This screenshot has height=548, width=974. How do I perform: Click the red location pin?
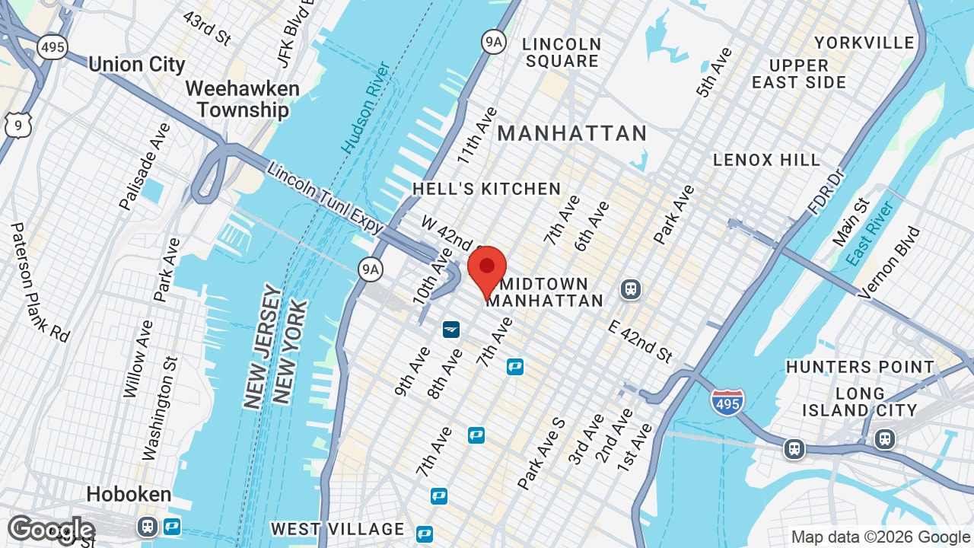click(487, 271)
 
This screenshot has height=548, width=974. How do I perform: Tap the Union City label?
click(137, 65)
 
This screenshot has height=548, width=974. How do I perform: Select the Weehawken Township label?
click(243, 99)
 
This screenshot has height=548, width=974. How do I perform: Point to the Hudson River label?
click(366, 107)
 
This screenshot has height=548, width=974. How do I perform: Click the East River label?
click(870, 233)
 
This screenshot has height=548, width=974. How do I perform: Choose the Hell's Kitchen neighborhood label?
click(487, 189)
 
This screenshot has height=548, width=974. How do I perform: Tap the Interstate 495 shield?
click(727, 402)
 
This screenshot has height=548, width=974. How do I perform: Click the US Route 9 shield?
click(18, 124)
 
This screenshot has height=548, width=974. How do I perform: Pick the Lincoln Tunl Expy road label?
click(326, 193)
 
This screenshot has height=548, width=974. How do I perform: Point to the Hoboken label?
click(129, 494)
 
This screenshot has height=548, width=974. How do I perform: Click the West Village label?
click(338, 529)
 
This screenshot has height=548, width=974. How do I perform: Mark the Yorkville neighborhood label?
click(864, 43)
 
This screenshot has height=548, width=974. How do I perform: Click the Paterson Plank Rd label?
click(40, 282)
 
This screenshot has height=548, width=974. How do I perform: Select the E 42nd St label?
click(640, 340)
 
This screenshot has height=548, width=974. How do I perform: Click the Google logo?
click(50, 530)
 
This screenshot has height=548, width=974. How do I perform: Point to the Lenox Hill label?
click(766, 160)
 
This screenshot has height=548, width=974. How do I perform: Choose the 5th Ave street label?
click(714, 72)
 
